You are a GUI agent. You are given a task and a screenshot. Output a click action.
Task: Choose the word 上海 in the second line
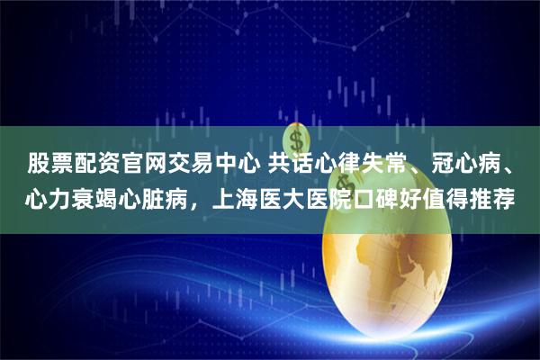coord(237,196)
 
